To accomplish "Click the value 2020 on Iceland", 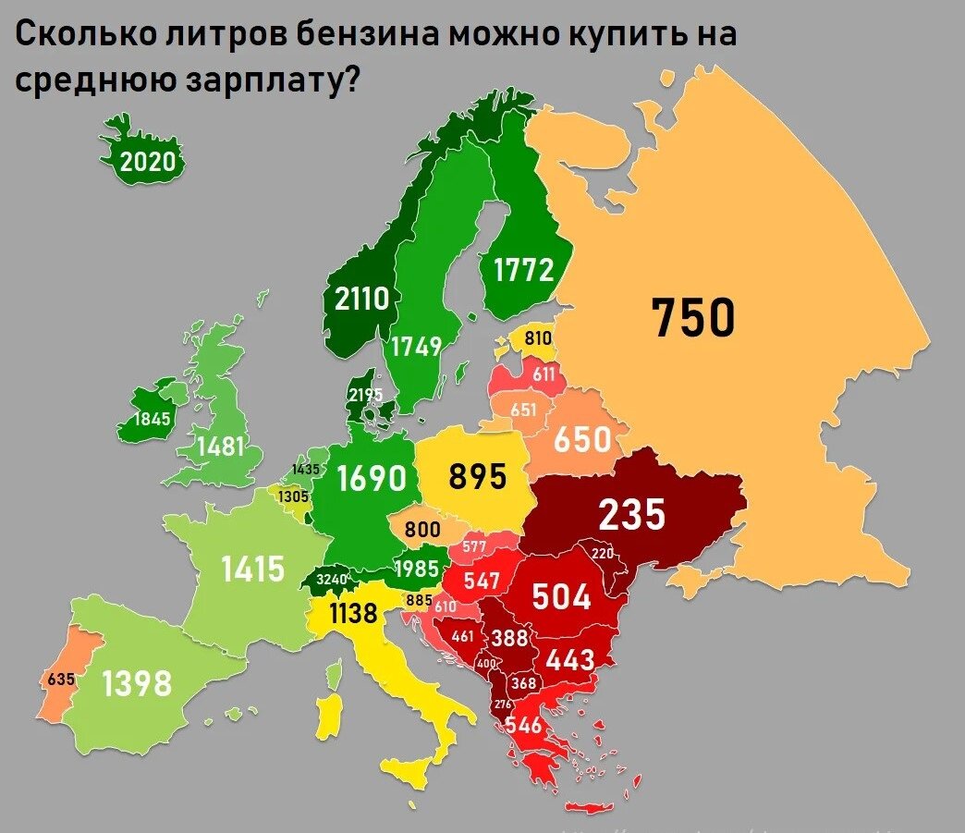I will click(148, 163).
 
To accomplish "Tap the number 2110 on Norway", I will click(362, 300).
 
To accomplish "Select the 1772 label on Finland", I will click(524, 270).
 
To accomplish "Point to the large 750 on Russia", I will click(693, 317).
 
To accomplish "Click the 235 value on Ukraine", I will click(631, 515).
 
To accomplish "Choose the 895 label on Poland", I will click(478, 477).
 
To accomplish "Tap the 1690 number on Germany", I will click(372, 479).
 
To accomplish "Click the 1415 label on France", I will click(253, 569).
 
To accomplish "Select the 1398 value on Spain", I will click(137, 684).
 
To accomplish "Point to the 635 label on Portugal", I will click(61, 680).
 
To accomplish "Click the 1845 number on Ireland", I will click(153, 420).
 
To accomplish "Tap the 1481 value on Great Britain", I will click(220, 447).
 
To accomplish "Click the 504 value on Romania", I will click(561, 597).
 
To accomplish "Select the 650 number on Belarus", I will click(582, 439).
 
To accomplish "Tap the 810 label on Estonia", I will click(538, 339).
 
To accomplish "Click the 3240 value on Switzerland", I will click(331, 580).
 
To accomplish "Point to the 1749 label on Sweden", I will click(416, 347).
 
